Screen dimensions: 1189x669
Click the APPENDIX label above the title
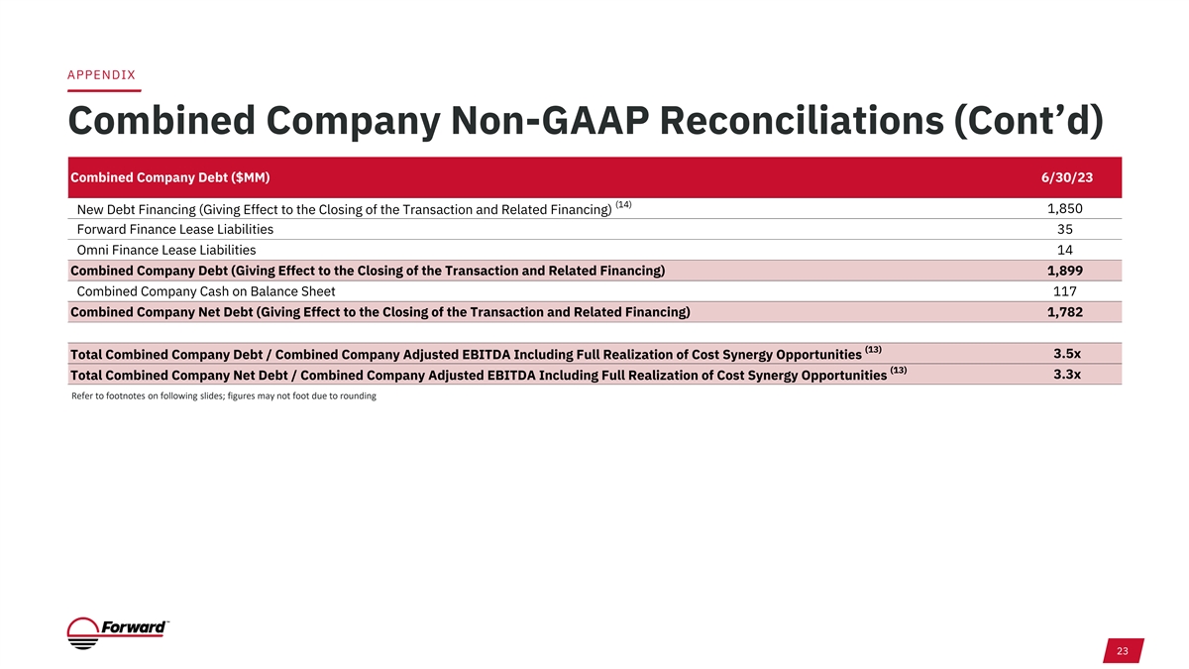pyautogui.click(x=101, y=75)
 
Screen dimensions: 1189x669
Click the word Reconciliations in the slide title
pyautogui.click(x=802, y=121)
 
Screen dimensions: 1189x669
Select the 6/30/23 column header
pyautogui.click(x=1067, y=177)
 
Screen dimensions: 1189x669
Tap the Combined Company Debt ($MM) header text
pyautogui.click(x=169, y=177)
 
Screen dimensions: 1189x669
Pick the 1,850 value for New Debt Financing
pyautogui.click(x=1065, y=209)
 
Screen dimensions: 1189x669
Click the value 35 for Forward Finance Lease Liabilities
pyautogui.click(x=1065, y=229)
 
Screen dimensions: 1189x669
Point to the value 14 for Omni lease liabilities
pyautogui.click(x=1065, y=250)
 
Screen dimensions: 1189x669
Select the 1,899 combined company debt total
pyautogui.click(x=1065, y=271)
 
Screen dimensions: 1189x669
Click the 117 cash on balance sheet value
pyautogui.click(x=1065, y=291)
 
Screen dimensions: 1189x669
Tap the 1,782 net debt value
pyautogui.click(x=1065, y=312)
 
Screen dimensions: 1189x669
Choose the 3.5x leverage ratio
pyautogui.click(x=1067, y=354)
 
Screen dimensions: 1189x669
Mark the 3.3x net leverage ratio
pyautogui.click(x=1067, y=375)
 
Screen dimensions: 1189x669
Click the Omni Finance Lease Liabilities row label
pyautogui.click(x=166, y=250)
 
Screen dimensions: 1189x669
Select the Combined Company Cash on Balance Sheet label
pyautogui.click(x=206, y=291)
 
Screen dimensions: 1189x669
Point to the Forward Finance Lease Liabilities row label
pyautogui.click(x=175, y=229)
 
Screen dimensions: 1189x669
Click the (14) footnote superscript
pyautogui.click(x=623, y=204)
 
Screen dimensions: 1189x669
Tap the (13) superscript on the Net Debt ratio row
pyautogui.click(x=898, y=370)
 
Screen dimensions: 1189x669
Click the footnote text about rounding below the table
pyautogui.click(x=224, y=396)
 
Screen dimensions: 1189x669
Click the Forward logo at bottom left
pyautogui.click(x=118, y=633)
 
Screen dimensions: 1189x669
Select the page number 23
pyautogui.click(x=1122, y=651)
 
